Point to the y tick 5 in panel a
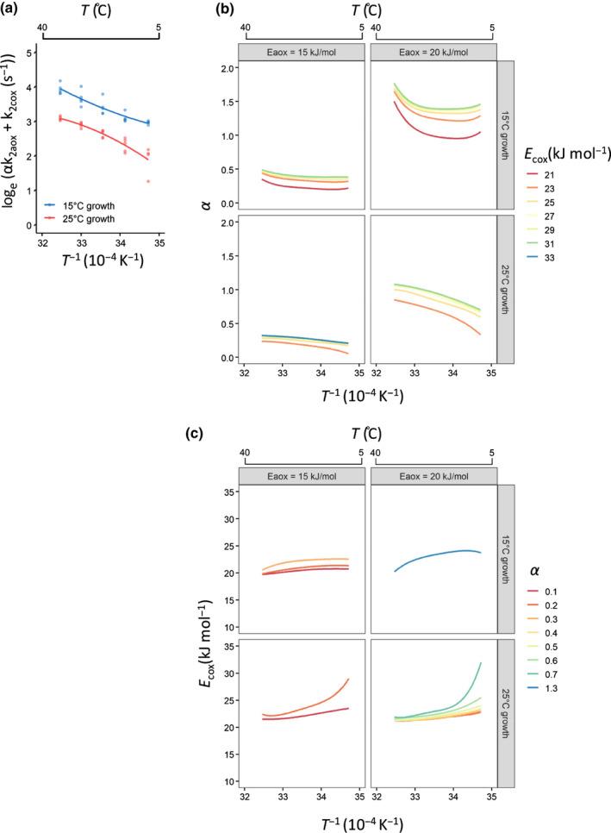(30, 53)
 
